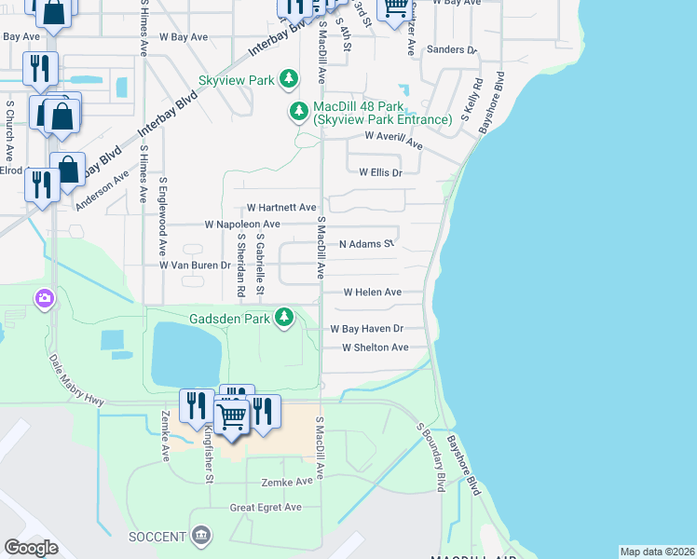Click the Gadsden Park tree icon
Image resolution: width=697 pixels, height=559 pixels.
285,319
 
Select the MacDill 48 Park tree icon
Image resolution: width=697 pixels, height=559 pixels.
299,113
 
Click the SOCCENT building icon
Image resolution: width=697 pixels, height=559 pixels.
200,536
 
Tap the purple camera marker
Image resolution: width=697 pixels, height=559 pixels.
44,299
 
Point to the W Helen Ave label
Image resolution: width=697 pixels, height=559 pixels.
372,293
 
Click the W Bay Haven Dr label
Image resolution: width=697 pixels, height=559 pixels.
366,329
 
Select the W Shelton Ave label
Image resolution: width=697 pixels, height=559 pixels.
375,348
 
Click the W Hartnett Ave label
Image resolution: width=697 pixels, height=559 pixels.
280,208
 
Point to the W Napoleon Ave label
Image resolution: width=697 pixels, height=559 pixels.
241,225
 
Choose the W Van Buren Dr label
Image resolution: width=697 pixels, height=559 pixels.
194,266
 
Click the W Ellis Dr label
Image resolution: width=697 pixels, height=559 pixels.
380,172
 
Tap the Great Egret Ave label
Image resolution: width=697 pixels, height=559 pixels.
266,508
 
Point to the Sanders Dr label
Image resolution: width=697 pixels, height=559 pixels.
451,49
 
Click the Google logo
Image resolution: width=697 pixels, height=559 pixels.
31,548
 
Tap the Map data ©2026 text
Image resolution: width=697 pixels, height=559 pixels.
656,552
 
